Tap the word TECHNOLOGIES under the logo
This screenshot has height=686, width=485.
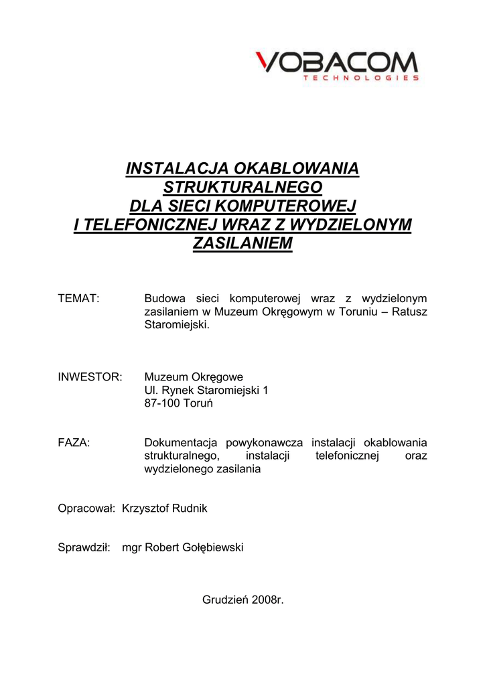click(361, 78)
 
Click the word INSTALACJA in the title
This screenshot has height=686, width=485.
click(171, 168)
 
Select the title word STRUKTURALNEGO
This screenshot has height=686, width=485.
click(243, 187)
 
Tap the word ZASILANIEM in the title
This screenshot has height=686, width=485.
click(243, 243)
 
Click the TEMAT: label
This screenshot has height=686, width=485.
click(79, 298)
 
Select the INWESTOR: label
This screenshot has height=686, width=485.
click(90, 377)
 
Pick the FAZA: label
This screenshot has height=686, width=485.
click(74, 443)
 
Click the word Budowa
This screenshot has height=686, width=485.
click(164, 298)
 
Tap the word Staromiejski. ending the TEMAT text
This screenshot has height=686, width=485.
click(178, 325)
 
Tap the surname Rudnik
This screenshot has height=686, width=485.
click(190, 508)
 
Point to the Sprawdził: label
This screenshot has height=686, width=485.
click(84, 548)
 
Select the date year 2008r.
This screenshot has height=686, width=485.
click(268, 600)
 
